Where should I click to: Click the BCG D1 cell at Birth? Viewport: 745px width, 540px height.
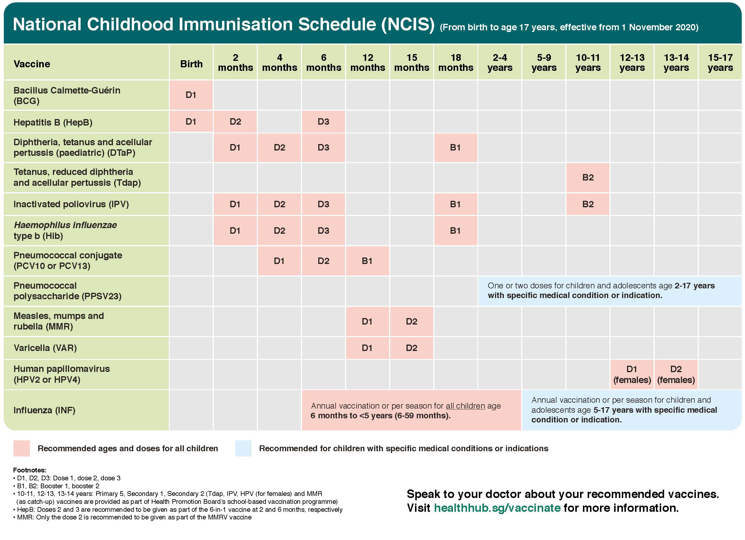tap(191, 95)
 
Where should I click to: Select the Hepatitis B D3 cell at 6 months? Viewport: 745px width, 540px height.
tap(323, 122)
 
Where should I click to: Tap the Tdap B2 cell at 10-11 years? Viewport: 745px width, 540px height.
tap(588, 178)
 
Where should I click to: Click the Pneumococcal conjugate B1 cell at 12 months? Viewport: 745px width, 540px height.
tap(367, 261)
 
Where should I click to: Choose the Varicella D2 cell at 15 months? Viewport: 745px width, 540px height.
tap(411, 348)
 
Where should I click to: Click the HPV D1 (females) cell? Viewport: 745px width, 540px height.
tap(632, 375)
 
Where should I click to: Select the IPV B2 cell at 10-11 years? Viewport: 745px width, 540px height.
tap(588, 204)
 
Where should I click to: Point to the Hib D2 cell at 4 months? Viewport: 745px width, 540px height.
tap(279, 231)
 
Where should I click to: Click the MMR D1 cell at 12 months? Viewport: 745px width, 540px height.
tap(367, 322)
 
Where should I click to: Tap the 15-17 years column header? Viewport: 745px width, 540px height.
tap(720, 62)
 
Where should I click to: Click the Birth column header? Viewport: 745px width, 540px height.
tap(191, 64)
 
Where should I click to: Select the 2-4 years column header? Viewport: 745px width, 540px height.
tap(500, 62)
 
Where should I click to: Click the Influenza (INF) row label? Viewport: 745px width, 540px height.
tap(44, 410)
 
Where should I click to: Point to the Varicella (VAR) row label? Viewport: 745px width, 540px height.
tap(45, 348)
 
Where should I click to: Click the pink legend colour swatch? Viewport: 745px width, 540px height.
tap(22, 448)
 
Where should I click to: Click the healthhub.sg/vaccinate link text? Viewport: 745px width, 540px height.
tap(497, 508)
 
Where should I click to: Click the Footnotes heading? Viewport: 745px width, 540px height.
tap(30, 470)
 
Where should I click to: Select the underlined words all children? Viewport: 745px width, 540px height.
tap(465, 406)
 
